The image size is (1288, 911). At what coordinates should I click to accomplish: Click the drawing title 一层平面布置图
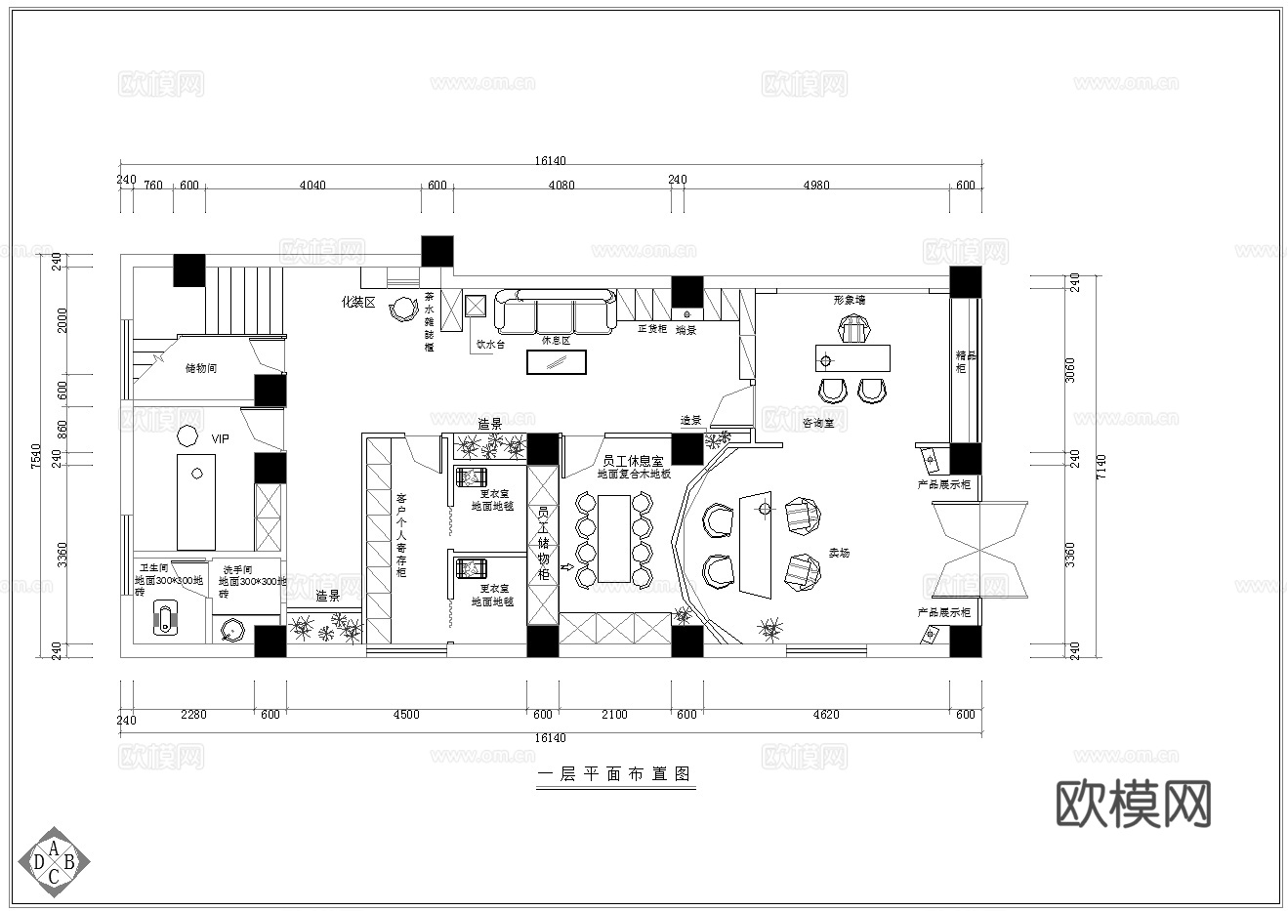615,774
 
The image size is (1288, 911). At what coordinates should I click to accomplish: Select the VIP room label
221,439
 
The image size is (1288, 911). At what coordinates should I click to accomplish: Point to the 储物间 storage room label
200,368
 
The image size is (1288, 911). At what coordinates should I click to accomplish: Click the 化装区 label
357,303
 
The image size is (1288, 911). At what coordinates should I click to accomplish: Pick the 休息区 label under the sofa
555,341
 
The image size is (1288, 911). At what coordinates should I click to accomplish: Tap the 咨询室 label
817,423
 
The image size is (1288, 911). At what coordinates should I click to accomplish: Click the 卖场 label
839,553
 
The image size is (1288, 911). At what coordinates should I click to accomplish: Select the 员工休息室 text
633,460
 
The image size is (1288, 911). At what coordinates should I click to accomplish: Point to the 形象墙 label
849,300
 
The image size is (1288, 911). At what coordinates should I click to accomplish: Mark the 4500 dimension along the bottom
405,715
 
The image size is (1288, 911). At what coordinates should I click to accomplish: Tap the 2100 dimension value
614,715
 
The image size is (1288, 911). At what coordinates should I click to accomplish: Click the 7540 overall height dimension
36,455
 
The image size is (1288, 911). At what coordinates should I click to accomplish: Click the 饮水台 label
489,344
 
